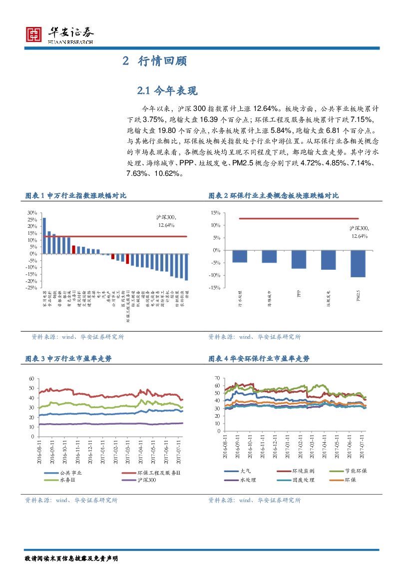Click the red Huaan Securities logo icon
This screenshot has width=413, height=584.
34,34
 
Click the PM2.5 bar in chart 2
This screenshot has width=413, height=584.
358,263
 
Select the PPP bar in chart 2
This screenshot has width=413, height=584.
299,259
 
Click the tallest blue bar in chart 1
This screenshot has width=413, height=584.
44,236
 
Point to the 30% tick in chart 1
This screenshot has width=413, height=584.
32,212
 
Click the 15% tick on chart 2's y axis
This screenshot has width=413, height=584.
215,212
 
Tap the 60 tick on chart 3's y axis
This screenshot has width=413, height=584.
31,379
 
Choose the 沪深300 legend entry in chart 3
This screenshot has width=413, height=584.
146,480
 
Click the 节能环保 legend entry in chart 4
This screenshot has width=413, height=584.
356,471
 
